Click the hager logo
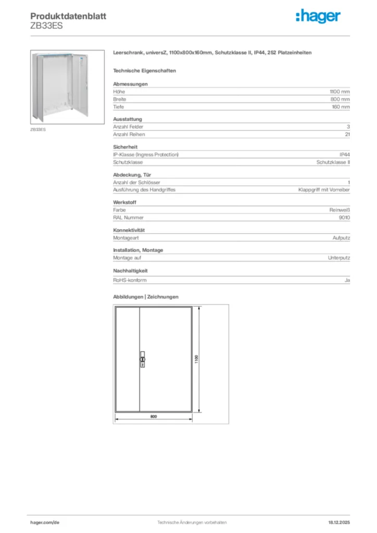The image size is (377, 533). pyautogui.click(x=318, y=17)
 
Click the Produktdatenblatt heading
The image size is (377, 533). pyautogui.click(x=68, y=16)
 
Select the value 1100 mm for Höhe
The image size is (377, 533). pyautogui.click(x=340, y=92)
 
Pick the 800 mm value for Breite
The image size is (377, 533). pyautogui.click(x=341, y=99)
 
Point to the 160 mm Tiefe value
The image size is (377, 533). pyautogui.click(x=341, y=107)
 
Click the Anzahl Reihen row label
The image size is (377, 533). pyautogui.click(x=128, y=134)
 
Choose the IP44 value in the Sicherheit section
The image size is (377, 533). pyautogui.click(x=344, y=155)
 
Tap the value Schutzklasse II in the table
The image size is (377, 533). pyautogui.click(x=333, y=162)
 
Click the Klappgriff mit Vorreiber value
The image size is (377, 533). pyautogui.click(x=323, y=190)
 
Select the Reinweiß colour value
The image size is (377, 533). pyautogui.click(x=340, y=210)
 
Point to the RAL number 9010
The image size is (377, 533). pyautogui.click(x=344, y=218)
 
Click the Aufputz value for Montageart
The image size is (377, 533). pyautogui.click(x=341, y=238)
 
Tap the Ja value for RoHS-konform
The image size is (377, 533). pyautogui.click(x=347, y=280)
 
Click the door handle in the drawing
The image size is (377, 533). pyautogui.click(x=142, y=359)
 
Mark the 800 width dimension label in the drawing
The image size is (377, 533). pyautogui.click(x=154, y=417)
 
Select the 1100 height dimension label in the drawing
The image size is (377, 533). pyautogui.click(x=197, y=359)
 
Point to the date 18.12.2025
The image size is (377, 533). pyautogui.click(x=338, y=522)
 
